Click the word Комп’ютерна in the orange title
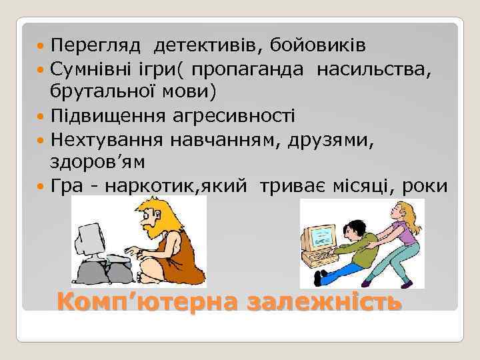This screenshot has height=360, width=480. click(147, 301)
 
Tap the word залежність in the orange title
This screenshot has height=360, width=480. click(324, 301)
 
